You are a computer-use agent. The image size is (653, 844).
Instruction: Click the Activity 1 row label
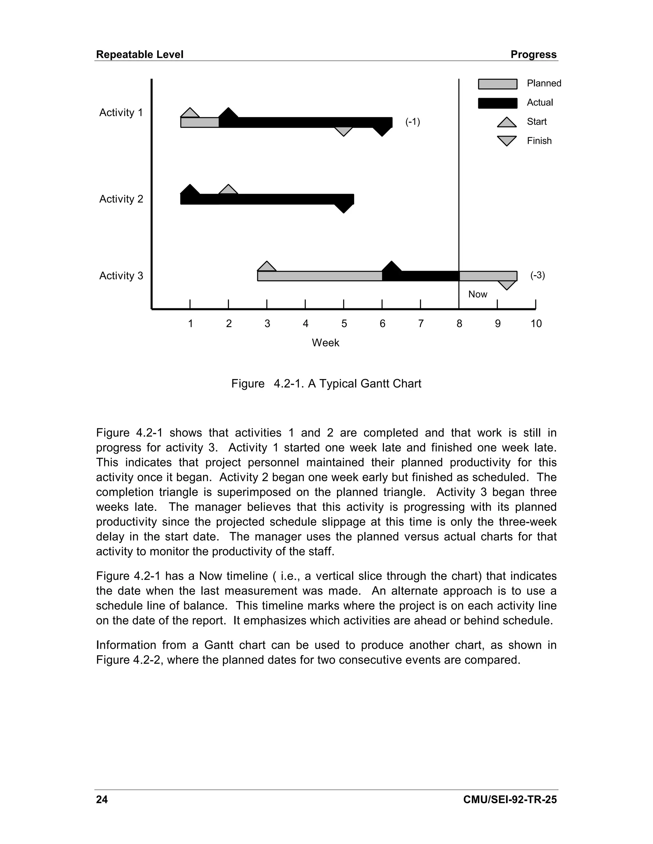(121, 112)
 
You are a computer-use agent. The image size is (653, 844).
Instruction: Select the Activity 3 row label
(121, 275)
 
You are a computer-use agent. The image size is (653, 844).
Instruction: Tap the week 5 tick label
(344, 324)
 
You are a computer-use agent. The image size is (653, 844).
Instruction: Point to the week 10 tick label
(536, 324)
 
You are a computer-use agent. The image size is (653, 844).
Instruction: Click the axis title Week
(325, 343)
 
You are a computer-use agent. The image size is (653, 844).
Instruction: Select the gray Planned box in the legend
(497, 84)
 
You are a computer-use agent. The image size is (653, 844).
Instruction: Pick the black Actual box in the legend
(497, 103)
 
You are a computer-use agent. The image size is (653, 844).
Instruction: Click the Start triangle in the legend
(507, 123)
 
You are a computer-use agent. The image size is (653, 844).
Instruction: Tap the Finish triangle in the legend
(507, 140)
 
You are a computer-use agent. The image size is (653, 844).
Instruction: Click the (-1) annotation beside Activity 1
(412, 122)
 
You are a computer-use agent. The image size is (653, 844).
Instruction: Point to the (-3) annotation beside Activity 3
(537, 275)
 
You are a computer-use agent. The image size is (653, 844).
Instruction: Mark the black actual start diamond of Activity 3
(392, 267)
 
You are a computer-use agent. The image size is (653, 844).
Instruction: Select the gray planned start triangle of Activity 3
(267, 267)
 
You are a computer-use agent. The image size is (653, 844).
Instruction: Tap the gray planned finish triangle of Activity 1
(343, 132)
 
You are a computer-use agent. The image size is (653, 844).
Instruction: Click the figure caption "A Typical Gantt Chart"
(364, 383)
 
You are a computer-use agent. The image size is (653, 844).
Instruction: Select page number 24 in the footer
(102, 799)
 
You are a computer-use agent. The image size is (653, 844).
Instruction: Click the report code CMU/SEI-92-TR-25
(510, 799)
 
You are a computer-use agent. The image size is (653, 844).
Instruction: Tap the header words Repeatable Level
(140, 54)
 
